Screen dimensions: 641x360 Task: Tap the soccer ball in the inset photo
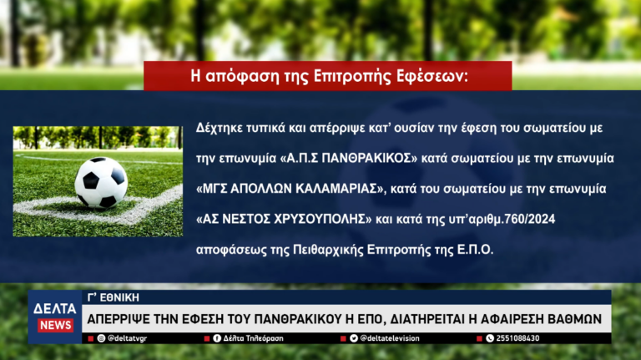(x=101, y=182)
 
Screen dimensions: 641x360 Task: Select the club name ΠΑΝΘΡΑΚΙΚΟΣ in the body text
(x=366, y=158)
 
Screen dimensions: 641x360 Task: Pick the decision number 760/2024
(x=530, y=219)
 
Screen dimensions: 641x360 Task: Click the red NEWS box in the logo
(x=56, y=325)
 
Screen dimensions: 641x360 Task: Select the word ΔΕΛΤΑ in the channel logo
(x=55, y=308)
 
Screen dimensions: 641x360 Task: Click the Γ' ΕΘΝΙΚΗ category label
(x=114, y=297)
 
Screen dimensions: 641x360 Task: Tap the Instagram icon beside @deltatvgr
(x=101, y=338)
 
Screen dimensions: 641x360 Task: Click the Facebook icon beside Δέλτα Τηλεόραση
(x=217, y=338)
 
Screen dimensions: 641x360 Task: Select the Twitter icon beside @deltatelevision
(x=354, y=338)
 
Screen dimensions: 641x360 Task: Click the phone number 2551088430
(x=517, y=338)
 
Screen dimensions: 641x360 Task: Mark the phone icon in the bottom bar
(x=490, y=338)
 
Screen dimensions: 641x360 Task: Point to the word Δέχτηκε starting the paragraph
(x=220, y=128)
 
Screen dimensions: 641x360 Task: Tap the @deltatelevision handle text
(x=390, y=338)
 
